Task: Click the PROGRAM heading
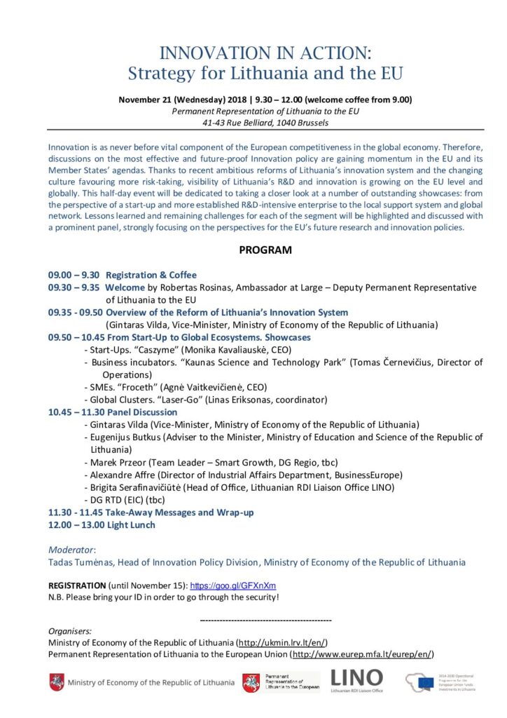[x=265, y=250]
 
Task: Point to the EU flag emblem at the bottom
[x=424, y=682]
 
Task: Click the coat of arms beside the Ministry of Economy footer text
[x=57, y=682]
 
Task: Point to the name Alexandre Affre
[x=123, y=475]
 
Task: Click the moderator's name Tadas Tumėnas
[x=81, y=562]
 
